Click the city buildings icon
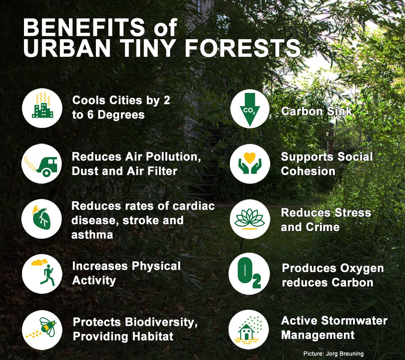click(42, 108)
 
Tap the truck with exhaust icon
click(42, 164)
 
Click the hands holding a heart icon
click(250, 164)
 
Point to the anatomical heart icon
click(42, 219)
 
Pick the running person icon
click(42, 274)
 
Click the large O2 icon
click(249, 274)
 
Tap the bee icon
click(42, 330)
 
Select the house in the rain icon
click(249, 330)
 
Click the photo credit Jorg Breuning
click(333, 354)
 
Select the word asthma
click(92, 235)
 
